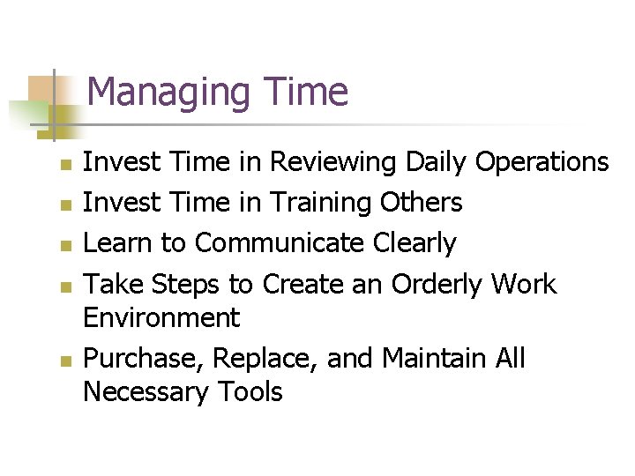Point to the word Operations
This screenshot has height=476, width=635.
pyautogui.click(x=542, y=163)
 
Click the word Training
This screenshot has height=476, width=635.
pyautogui.click(x=322, y=204)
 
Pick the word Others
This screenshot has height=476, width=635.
pyautogui.click(x=422, y=203)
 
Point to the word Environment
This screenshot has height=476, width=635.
pyautogui.click(x=161, y=316)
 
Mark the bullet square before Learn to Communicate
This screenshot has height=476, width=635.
pyautogui.click(x=63, y=245)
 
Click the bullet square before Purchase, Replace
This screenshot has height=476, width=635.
pyautogui.click(x=63, y=361)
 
